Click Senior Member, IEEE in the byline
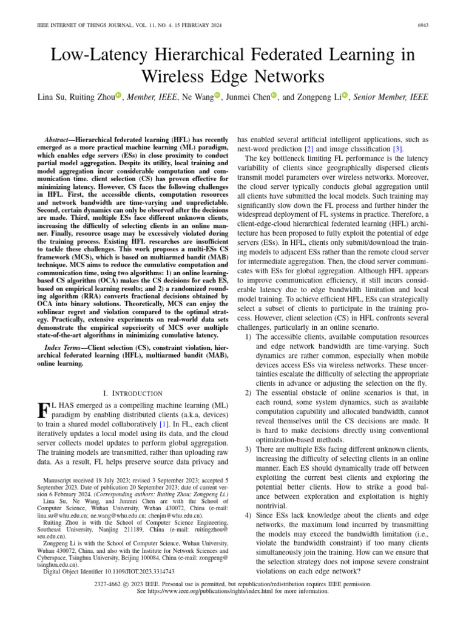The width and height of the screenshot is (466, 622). (393, 97)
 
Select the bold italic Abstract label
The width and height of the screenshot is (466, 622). (62, 139)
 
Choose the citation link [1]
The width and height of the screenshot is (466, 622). (163, 424)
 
